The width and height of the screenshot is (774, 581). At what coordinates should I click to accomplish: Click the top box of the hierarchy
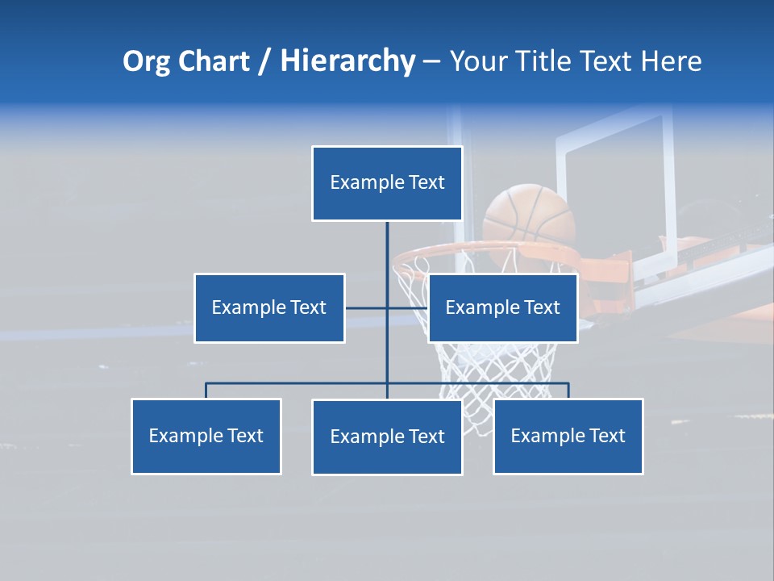tap(387, 183)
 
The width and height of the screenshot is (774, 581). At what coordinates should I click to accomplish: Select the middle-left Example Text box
tap(269, 307)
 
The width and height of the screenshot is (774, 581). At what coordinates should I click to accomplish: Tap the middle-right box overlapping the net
tap(502, 307)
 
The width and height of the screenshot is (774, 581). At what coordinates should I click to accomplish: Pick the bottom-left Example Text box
tap(206, 436)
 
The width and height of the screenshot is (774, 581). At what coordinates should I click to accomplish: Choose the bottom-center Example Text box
tap(387, 437)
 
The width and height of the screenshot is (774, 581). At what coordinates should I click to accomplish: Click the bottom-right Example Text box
tap(568, 436)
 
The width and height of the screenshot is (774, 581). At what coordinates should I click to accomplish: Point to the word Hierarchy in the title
tap(347, 61)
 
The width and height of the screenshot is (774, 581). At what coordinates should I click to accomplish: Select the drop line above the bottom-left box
tap(206, 391)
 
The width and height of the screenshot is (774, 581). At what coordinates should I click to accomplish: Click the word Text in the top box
tap(427, 182)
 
